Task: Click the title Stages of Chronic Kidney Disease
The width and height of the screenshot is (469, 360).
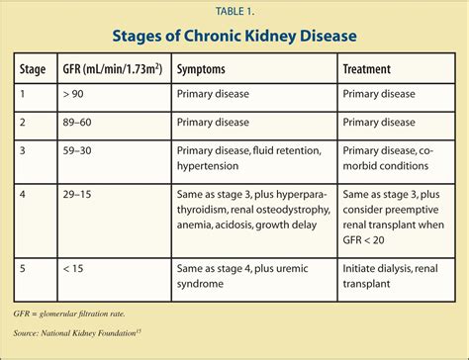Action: [234, 38]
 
